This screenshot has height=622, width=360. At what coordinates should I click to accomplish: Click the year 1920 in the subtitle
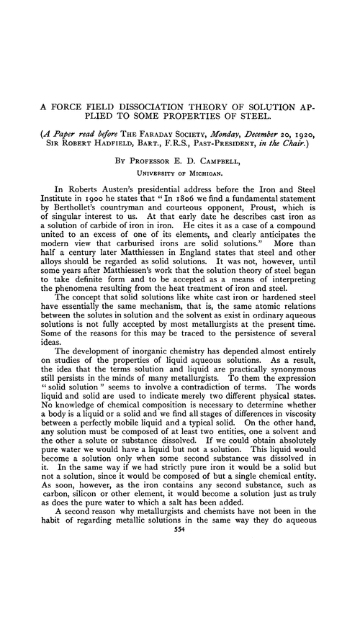(x=328, y=135)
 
